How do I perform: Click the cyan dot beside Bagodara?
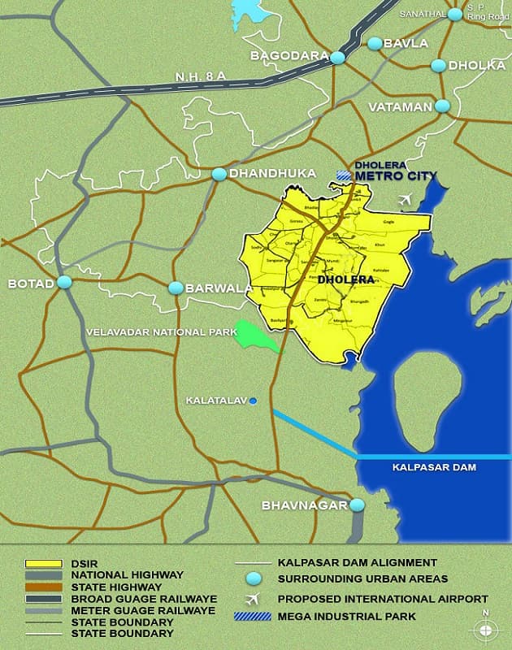coord(338,58)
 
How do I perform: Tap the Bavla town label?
coord(406,43)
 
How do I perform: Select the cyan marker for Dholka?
coord(439,65)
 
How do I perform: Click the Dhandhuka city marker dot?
coord(219,174)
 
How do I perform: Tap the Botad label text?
coord(30,284)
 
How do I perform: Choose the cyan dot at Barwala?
coord(176,288)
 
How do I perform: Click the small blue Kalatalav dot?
coord(254,401)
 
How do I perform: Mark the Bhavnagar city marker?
coord(357,505)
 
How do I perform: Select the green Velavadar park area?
coord(256,336)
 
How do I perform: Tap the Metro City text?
coord(397,176)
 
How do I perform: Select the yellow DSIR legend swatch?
coord(45,562)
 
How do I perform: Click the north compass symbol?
coord(485,630)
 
